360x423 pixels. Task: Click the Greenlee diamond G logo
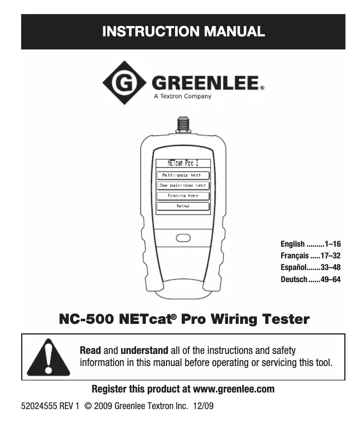click(x=124, y=83)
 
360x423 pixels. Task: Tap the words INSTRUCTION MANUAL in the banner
click(x=183, y=32)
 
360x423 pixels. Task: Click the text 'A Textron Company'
click(x=182, y=96)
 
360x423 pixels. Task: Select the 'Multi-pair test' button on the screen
click(x=183, y=175)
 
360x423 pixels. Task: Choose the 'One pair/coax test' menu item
click(x=183, y=185)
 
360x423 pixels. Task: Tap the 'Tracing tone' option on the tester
click(x=183, y=196)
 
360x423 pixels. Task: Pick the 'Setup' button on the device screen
click(x=183, y=206)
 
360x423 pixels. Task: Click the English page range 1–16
click(x=334, y=244)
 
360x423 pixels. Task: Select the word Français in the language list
click(x=294, y=256)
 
